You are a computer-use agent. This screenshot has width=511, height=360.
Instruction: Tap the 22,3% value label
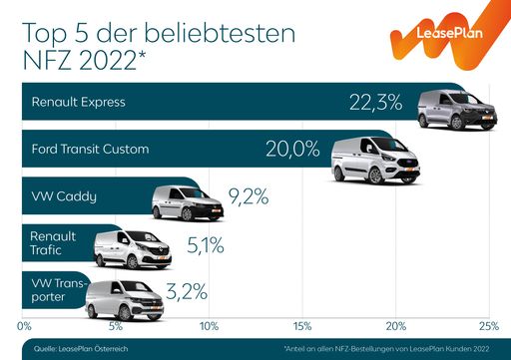375,102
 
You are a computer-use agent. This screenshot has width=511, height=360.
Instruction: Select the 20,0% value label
292,150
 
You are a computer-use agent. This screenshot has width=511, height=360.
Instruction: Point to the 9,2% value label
249,196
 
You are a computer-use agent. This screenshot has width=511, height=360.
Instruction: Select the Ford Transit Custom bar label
90,150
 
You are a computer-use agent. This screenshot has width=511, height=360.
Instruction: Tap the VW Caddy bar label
64,196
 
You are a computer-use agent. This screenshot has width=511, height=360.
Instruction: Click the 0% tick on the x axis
26,325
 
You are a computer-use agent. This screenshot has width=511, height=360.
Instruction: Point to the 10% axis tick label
210,325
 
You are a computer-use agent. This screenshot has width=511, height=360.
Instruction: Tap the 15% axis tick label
302,325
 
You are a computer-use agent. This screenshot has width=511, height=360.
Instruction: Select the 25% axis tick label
487,325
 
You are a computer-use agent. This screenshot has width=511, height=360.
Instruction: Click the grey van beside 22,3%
454,108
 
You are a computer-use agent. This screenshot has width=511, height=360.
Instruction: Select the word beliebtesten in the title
211,34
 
